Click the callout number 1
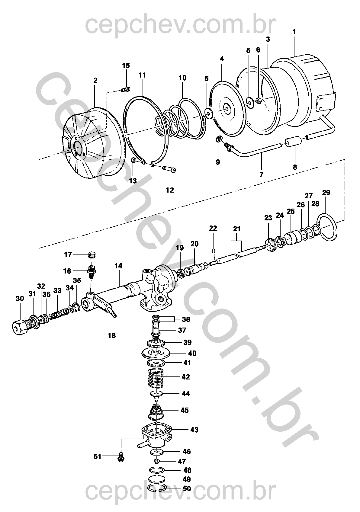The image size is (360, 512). pyautogui.click(x=294, y=32)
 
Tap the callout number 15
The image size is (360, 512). pyautogui.click(x=126, y=66)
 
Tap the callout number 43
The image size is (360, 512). pyautogui.click(x=194, y=430)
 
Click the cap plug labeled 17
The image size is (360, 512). pyautogui.click(x=92, y=255)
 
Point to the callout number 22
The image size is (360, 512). pyautogui.click(x=213, y=228)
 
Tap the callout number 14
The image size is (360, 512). pyautogui.click(x=119, y=266)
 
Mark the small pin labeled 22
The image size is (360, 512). pyautogui.click(x=214, y=251)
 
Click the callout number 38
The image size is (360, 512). pyautogui.click(x=186, y=319)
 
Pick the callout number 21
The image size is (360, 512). pyautogui.click(x=237, y=229)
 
